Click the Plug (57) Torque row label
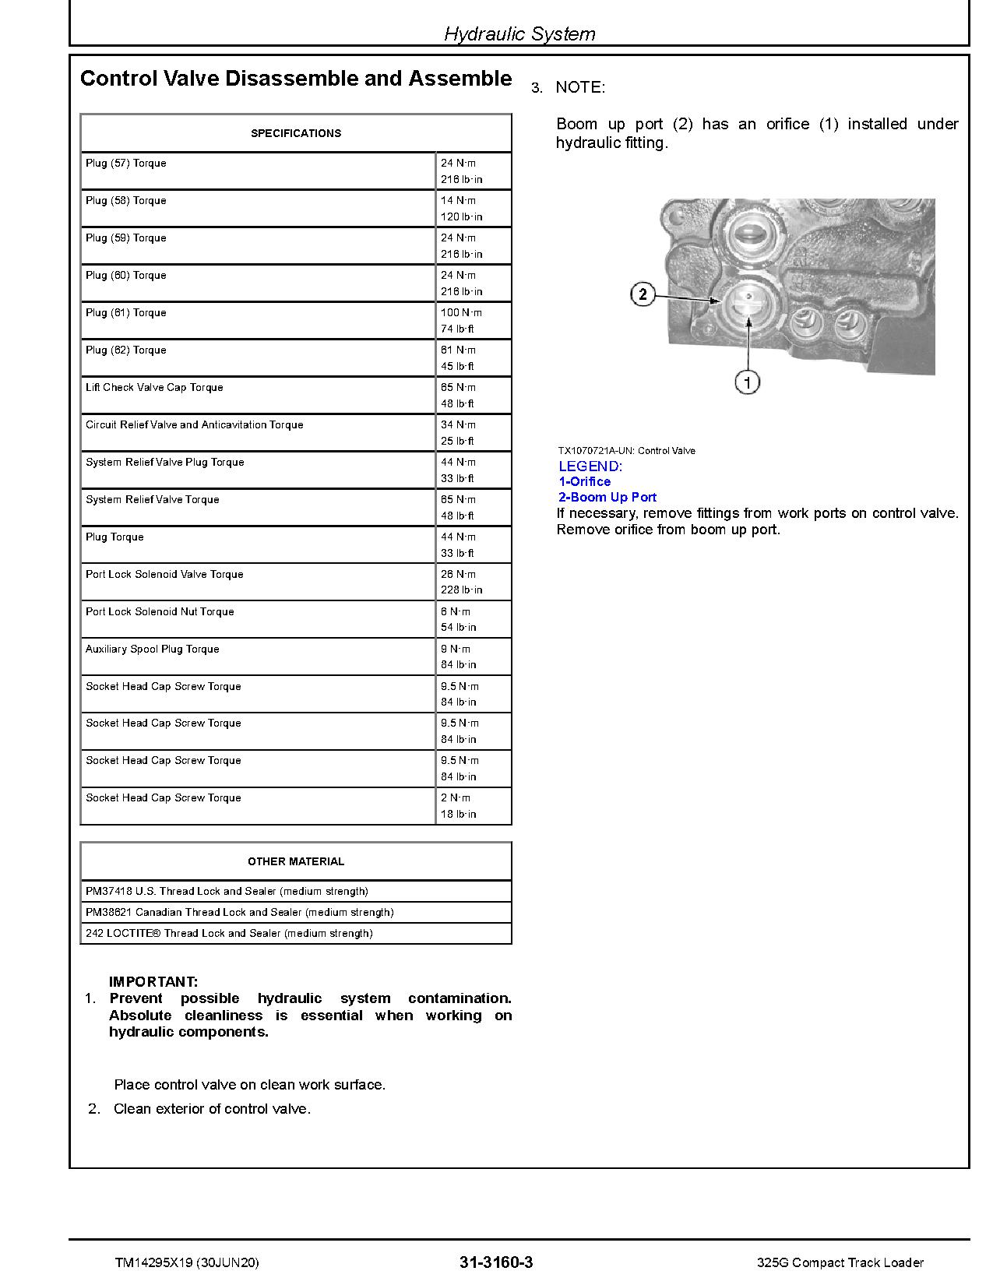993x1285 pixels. [126, 163]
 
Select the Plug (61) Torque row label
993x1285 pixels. [126, 312]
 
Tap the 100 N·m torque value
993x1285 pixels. [461, 312]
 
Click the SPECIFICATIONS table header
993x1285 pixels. [296, 133]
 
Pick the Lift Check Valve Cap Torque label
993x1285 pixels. [154, 387]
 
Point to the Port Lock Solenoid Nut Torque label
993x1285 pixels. [160, 611]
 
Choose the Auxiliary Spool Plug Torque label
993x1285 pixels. [153, 649]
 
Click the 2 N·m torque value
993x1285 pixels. [456, 797]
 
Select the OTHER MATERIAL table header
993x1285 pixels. [296, 861]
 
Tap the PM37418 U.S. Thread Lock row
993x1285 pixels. [227, 891]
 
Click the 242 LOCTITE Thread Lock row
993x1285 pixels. [229, 933]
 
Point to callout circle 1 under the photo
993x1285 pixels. [748, 382]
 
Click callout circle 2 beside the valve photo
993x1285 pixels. [643, 294]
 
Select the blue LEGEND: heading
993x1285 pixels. [590, 466]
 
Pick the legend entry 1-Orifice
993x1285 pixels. [585, 481]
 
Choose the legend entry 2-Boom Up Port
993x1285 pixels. [607, 497]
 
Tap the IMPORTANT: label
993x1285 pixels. [153, 982]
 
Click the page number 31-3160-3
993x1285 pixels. [497, 1262]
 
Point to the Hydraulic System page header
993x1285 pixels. [519, 33]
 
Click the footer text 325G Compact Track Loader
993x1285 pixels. [840, 1262]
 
